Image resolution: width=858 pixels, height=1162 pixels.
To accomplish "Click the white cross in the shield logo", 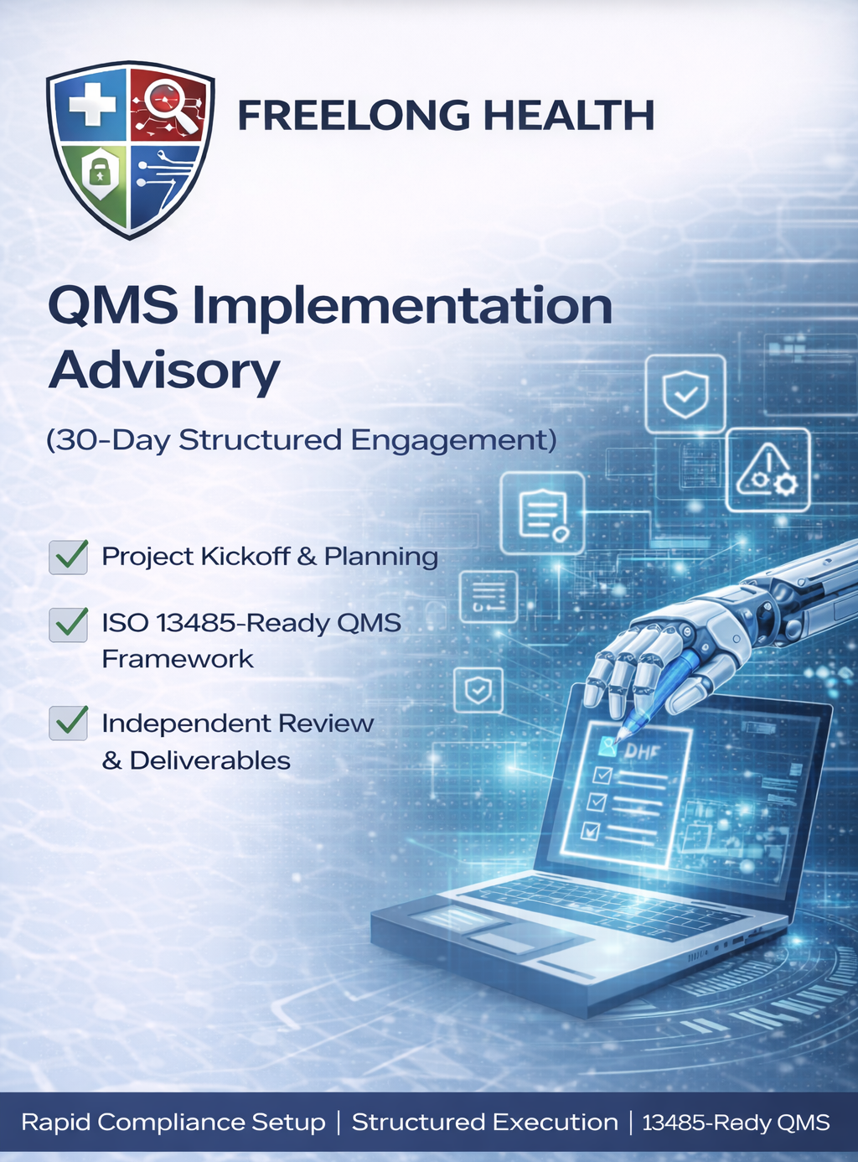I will pos(90,106).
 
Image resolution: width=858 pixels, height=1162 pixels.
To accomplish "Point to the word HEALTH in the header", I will pos(569,116).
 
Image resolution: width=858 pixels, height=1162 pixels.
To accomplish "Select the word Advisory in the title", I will pos(164,370).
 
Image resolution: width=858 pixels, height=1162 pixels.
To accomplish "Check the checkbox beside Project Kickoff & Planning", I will pos(69,557).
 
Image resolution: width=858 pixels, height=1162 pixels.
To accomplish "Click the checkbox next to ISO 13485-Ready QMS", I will pos(69,624).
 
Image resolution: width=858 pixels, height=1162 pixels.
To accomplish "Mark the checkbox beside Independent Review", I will pos(69,723).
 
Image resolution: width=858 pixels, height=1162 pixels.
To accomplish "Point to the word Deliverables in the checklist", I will pos(210,761).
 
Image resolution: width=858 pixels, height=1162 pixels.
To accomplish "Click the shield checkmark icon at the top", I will pos(685,393).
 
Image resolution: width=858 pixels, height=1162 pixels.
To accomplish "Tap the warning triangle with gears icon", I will pos(768,470).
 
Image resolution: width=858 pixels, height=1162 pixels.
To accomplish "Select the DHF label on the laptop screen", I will pos(641,750).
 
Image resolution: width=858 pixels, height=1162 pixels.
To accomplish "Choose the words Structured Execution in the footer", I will pos(484,1123).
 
